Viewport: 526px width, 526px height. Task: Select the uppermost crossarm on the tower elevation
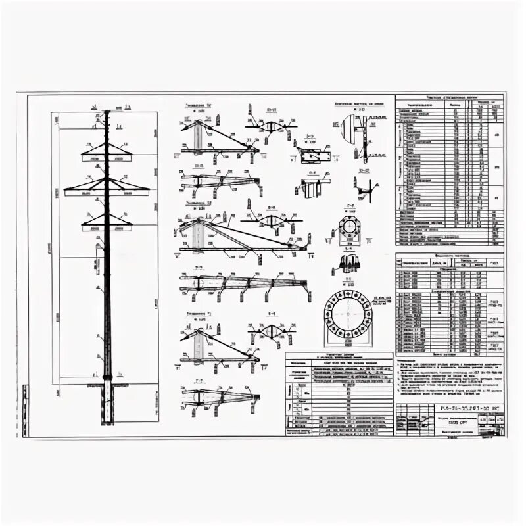coord(106,155)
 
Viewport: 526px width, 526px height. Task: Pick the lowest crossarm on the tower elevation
coord(106,225)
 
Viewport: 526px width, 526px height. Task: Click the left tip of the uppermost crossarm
coord(82,156)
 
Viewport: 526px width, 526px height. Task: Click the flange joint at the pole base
coord(107,376)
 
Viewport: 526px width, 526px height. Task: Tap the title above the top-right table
coord(449,97)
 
